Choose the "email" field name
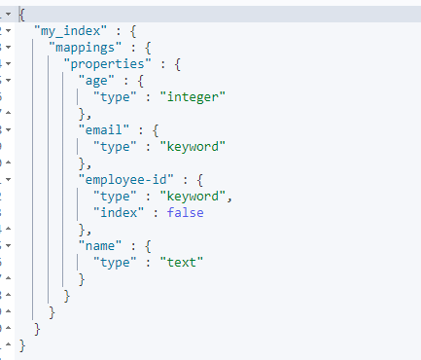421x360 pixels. pyautogui.click(x=105, y=129)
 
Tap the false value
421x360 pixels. pyautogui.click(x=185, y=212)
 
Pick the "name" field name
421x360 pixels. pyautogui.click(x=105, y=245)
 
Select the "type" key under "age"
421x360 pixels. pyautogui.click(x=115, y=96)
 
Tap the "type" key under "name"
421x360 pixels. pyautogui.click(x=115, y=262)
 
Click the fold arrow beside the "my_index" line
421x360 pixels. pyautogui.click(x=7, y=31)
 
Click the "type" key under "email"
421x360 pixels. pyautogui.click(x=115, y=146)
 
